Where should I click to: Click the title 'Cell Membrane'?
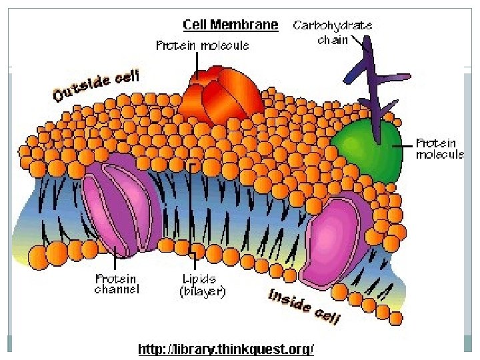tap(231, 25)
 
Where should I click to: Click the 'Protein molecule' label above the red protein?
tap(203, 46)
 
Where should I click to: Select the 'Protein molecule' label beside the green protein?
tap(440, 149)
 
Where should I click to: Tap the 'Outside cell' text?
tap(96, 86)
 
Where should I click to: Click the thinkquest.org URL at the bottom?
tap(225, 349)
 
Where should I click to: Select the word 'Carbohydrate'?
tap(333, 25)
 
